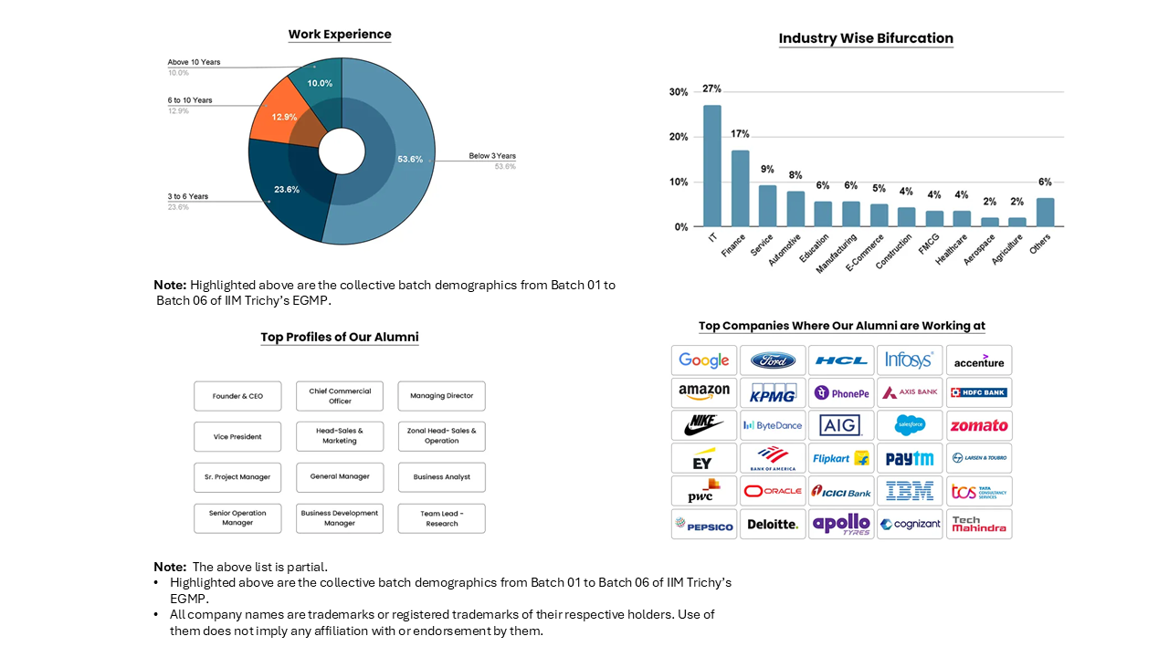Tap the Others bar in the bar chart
(1045, 212)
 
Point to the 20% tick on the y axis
(679, 137)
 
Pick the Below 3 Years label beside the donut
(492, 156)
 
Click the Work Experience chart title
(340, 35)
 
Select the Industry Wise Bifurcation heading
(866, 38)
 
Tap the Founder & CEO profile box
(237, 396)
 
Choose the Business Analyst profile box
(441, 477)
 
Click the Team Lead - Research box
(441, 518)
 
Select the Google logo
(704, 360)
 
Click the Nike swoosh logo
(704, 425)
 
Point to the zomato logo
(979, 425)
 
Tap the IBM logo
(910, 491)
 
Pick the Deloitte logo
(773, 525)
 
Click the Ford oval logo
(773, 360)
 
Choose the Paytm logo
(910, 458)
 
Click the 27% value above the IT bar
(711, 89)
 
